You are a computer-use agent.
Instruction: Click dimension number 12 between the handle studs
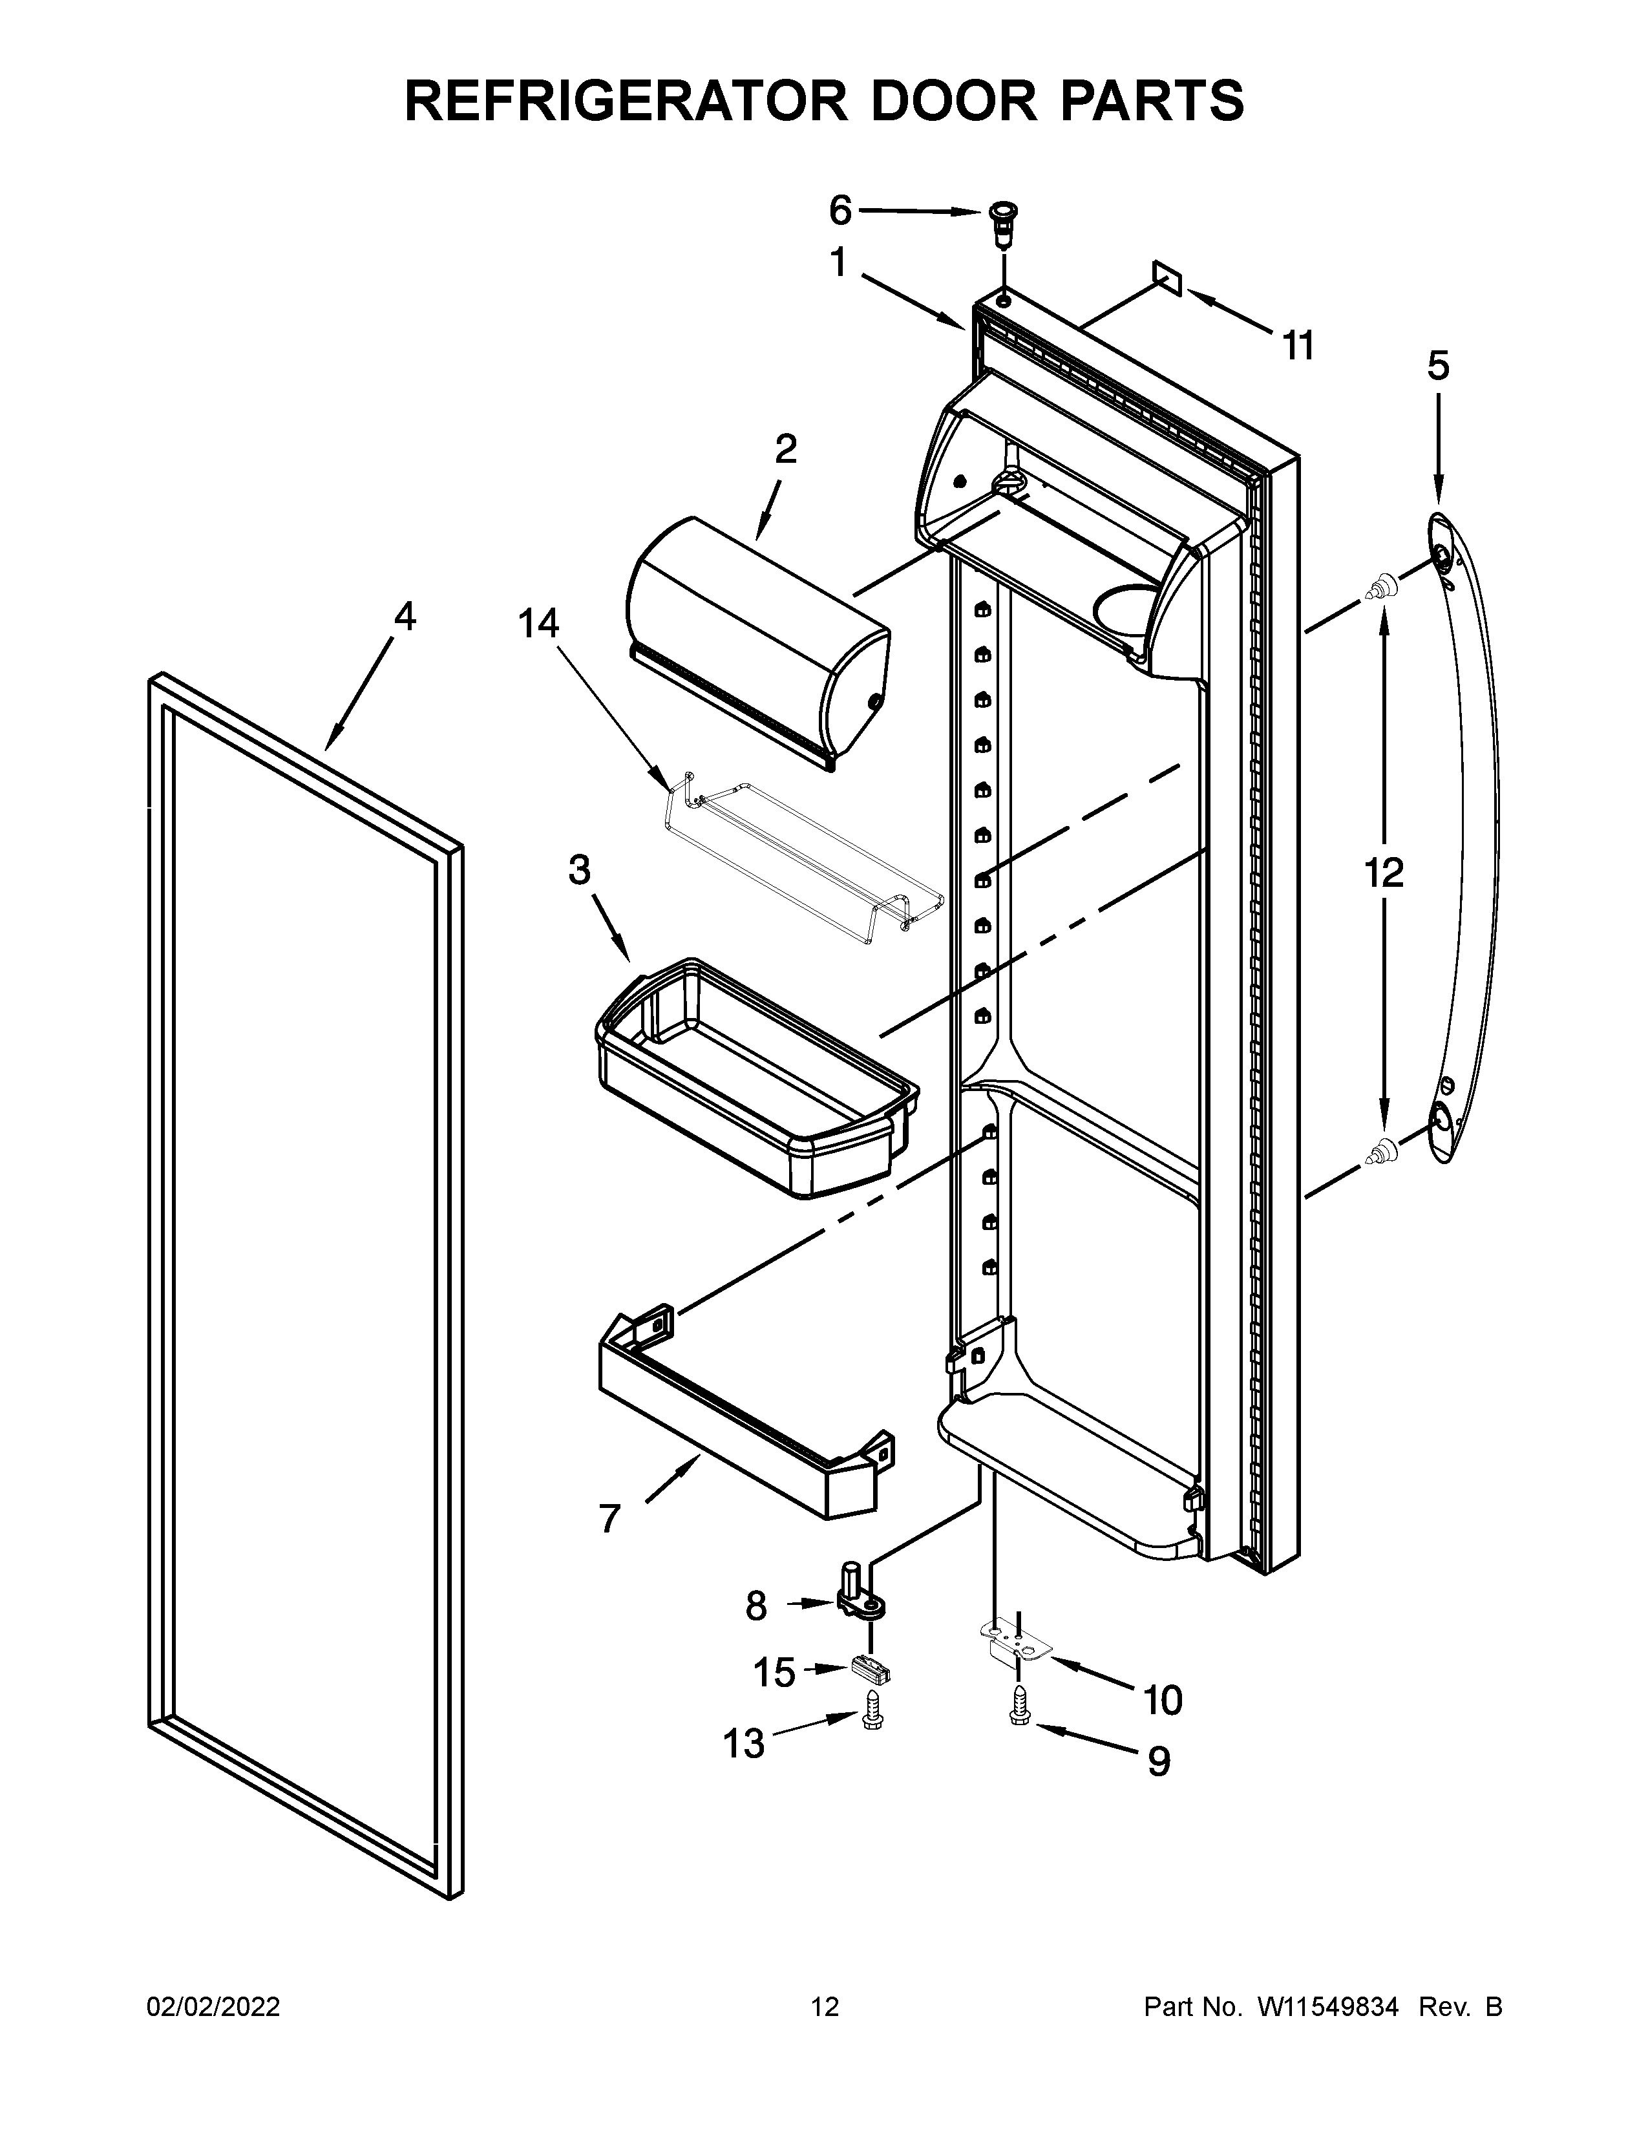click(x=1384, y=872)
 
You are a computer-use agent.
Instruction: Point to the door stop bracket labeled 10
click(x=1015, y=1642)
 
